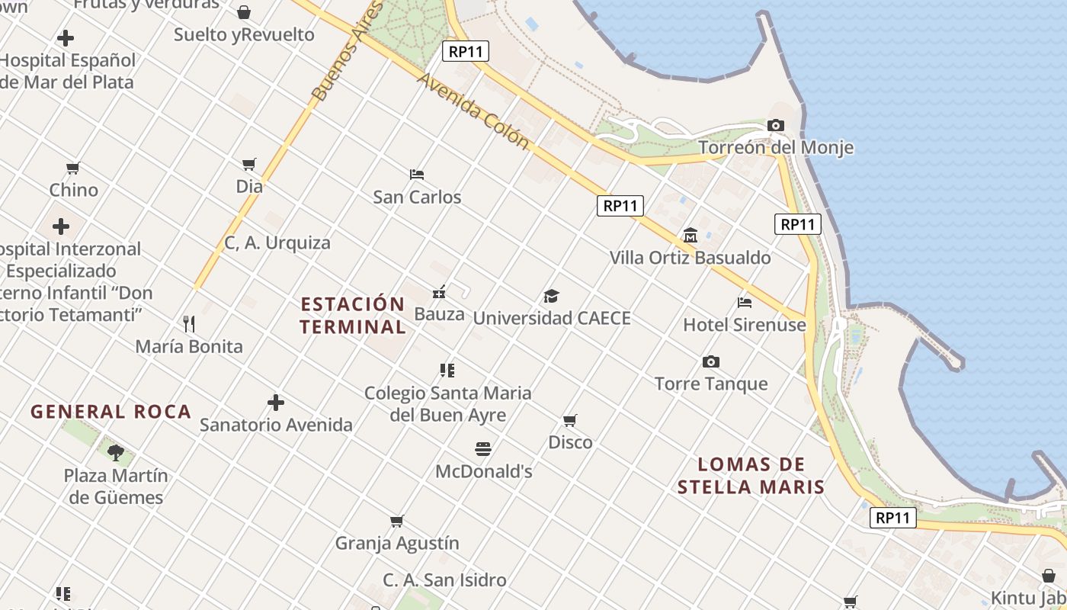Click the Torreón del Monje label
coord(776,147)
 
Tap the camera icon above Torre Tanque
coord(710,361)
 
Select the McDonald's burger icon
coord(483,448)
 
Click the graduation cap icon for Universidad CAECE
coord(551,296)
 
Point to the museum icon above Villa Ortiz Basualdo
coord(691,235)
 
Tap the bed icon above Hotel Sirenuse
coord(745,303)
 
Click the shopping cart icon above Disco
coord(569,420)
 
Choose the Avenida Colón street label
coord(473,111)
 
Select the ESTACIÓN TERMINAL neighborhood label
coord(352,316)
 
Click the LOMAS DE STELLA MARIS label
coord(751,476)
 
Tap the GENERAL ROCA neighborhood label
coord(111,412)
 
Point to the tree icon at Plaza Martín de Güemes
coord(116,453)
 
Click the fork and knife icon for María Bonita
coord(189,324)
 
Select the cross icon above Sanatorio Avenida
coord(276,403)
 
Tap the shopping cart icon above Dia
coord(248,164)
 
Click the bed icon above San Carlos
coord(416,175)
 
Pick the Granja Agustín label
coord(397,543)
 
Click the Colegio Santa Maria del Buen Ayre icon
coord(447,371)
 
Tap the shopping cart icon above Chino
coord(73,168)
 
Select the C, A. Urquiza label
coord(277,243)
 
